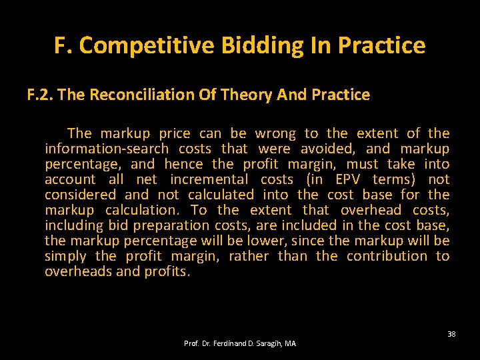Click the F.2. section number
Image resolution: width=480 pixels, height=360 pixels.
pyautogui.click(x=40, y=95)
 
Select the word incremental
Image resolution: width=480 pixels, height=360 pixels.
pyautogui.click(x=209, y=179)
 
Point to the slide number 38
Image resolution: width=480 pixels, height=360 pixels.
pyautogui.click(x=451, y=334)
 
